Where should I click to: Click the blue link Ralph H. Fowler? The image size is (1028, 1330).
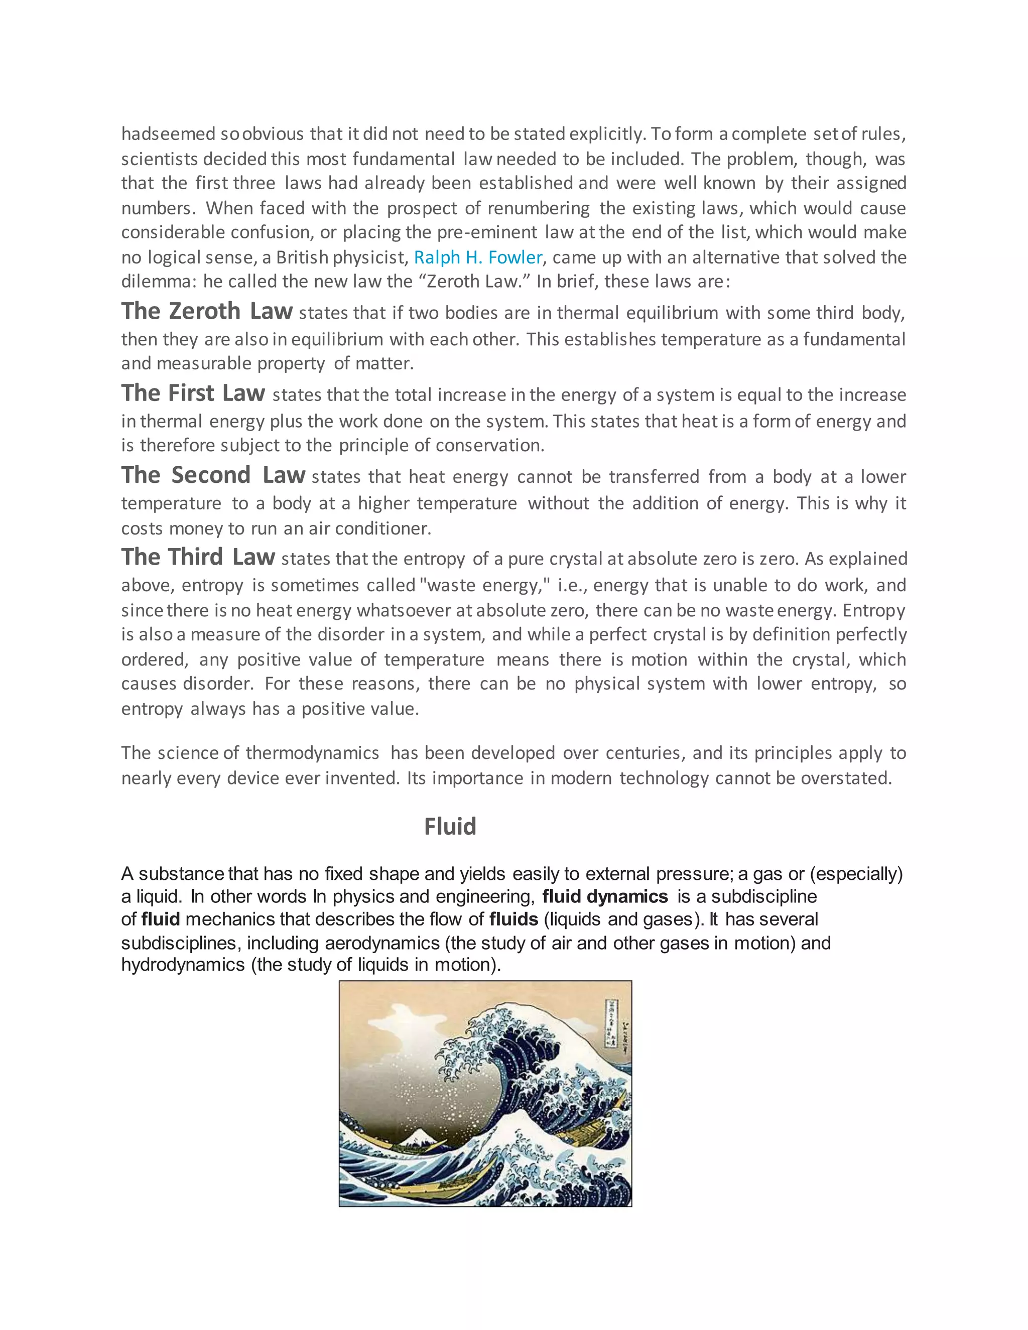pos(477,257)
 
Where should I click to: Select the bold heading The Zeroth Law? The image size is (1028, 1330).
pos(206,311)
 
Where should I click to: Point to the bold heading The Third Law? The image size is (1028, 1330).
pos(198,557)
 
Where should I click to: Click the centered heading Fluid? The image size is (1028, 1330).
pos(450,827)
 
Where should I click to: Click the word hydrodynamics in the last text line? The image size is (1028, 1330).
pos(183,965)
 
